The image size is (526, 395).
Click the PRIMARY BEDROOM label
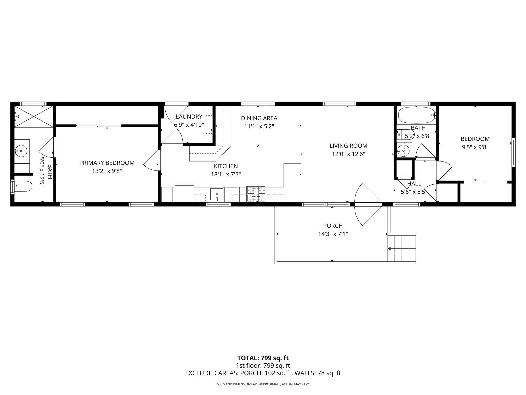107,163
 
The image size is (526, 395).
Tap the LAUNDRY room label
189,117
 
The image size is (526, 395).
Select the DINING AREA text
259,118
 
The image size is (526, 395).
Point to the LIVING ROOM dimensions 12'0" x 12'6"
348,154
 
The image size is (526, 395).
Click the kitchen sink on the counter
217,195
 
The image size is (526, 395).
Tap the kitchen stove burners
256,194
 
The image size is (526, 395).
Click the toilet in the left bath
23,186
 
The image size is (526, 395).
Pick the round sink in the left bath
21,150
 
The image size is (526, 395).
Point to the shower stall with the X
34,116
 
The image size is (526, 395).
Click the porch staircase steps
401,248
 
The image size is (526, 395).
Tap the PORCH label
333,226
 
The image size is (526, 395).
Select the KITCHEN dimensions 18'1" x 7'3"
226,174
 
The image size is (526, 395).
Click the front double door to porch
368,204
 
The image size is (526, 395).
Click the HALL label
414,184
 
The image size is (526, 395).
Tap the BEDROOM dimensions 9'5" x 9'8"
475,147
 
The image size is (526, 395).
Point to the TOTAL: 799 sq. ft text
263,358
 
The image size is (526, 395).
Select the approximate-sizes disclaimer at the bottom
263,384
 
